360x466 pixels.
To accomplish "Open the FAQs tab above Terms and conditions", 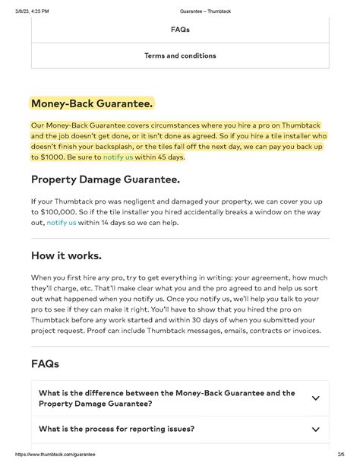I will pos(180,30).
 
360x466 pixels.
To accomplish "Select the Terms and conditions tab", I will pos(180,55).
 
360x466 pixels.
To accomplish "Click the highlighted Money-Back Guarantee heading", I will pos(92,103).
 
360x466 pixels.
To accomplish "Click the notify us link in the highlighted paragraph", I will pos(118,157).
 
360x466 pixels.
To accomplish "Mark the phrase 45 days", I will pos(169,157).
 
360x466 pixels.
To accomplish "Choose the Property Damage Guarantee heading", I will pos(105,180).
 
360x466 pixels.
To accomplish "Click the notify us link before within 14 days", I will pos(62,223).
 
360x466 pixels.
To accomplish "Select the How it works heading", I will pos(66,255).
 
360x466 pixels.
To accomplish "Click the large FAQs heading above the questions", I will pos(45,364).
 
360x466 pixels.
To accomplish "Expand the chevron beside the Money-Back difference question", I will pos(315,398).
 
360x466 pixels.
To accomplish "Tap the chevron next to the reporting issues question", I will pos(315,430).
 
